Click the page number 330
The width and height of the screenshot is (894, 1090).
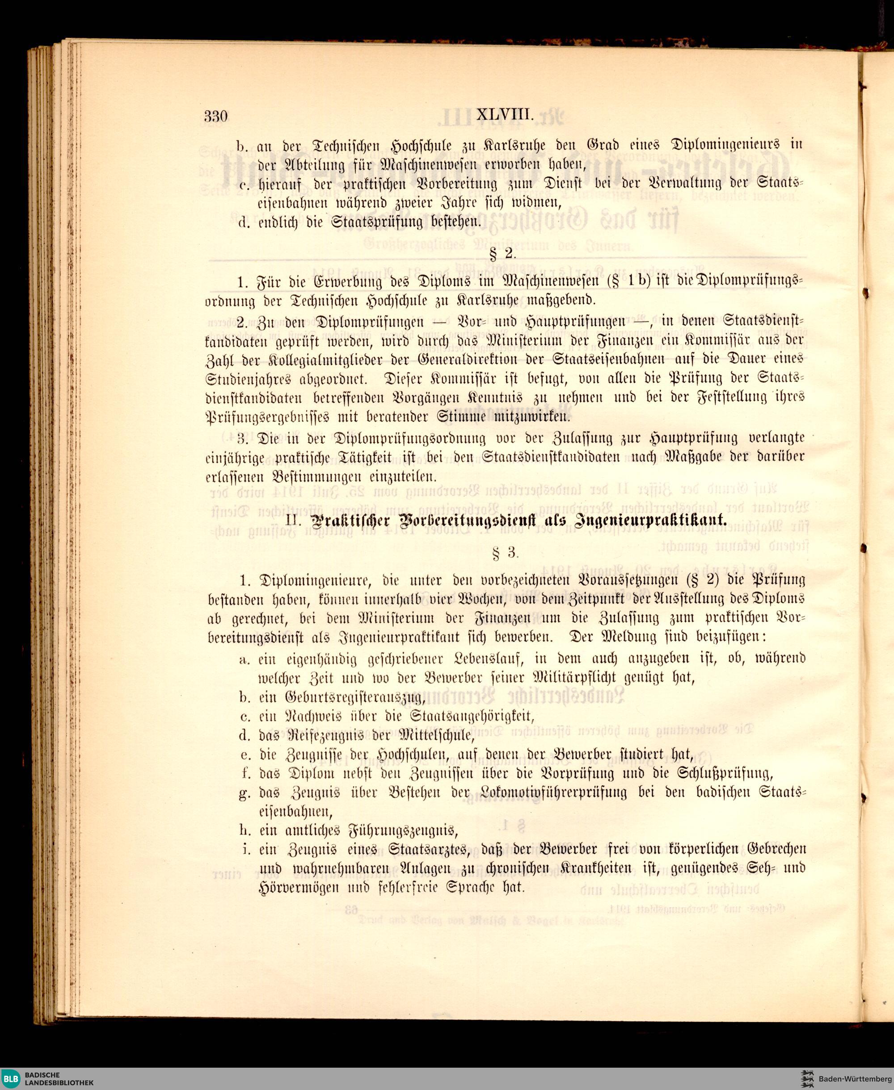[x=215, y=116]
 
